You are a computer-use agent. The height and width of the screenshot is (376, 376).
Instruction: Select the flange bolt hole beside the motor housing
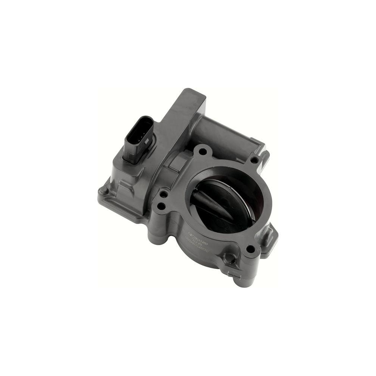coord(254,160)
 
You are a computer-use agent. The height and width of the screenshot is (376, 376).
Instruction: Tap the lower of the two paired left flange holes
coord(161,206)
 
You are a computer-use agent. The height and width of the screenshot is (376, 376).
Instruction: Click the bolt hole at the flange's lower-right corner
coord(249,248)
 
